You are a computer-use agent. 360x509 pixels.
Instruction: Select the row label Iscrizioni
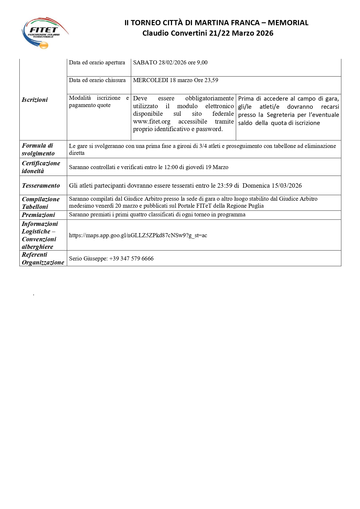click(35, 100)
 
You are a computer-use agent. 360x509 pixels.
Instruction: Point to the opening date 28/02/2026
click(172, 63)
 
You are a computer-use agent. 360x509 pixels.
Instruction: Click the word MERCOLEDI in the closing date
click(151, 80)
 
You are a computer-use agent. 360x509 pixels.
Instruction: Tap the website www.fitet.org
click(152, 122)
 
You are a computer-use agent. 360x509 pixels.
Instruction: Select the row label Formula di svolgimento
click(38, 149)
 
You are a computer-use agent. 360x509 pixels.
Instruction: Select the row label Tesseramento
click(41, 186)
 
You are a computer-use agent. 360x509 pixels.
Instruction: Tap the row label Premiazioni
click(38, 215)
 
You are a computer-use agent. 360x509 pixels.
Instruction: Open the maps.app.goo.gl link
click(138, 236)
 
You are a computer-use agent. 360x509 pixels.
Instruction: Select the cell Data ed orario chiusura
click(97, 80)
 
